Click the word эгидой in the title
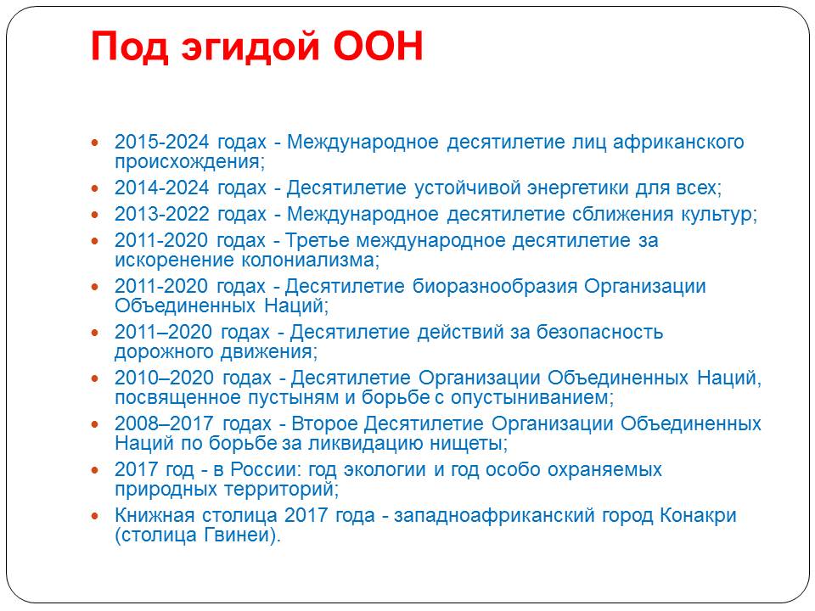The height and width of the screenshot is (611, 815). point(250,48)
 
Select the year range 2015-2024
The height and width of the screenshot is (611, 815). point(161,142)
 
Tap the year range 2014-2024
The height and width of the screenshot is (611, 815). point(161,188)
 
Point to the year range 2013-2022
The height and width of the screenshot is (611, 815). point(161,214)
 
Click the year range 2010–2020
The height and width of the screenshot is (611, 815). point(164,378)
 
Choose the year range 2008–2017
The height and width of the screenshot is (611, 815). point(164,423)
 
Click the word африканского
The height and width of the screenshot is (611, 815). point(678,143)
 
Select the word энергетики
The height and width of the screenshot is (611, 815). point(578,188)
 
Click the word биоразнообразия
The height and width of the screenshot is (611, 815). point(495,287)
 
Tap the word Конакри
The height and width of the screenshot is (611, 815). point(698,516)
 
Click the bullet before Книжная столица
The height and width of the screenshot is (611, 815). point(94,516)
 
